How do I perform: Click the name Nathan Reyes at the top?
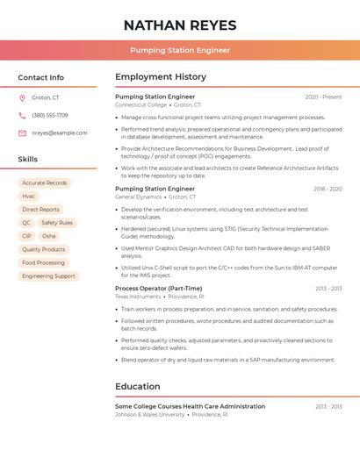tap(180, 25)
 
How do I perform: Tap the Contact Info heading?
tap(41, 77)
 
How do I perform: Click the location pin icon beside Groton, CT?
tap(22, 97)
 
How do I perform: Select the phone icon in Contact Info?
tap(22, 115)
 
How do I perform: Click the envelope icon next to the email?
tap(22, 132)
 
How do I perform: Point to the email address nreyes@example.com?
tap(60, 132)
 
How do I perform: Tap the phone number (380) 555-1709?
tap(50, 115)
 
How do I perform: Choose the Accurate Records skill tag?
tap(45, 183)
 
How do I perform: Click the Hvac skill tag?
tap(29, 197)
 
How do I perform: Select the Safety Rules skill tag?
tap(57, 223)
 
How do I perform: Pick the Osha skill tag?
tap(49, 236)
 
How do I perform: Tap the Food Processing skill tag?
tap(44, 262)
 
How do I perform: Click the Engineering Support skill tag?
tap(49, 275)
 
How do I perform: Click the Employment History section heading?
tap(161, 77)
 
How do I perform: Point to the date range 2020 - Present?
tap(323, 97)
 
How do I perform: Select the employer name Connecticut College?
tap(140, 104)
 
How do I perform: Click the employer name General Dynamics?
tap(139, 197)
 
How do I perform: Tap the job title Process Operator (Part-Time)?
tap(158, 288)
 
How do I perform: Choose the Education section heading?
tap(138, 386)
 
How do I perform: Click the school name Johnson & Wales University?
tap(150, 414)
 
